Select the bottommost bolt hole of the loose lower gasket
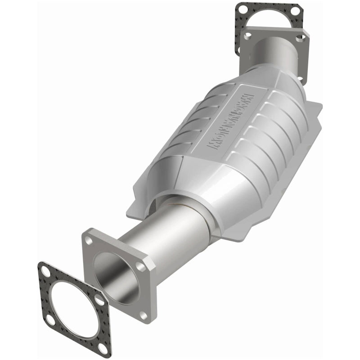coord(103,349)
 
